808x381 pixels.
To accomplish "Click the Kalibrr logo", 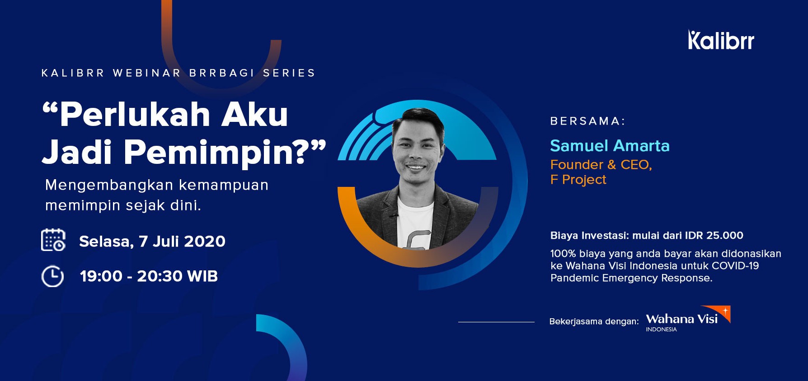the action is [x=721, y=40].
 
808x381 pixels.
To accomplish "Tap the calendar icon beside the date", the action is [x=53, y=240].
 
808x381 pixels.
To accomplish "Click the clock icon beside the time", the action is [x=52, y=276].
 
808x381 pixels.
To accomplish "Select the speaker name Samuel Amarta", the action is [x=610, y=146].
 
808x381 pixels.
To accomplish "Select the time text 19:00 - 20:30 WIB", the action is [x=149, y=276].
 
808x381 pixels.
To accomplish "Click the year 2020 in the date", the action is [x=205, y=242].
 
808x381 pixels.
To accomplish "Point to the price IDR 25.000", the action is [x=714, y=235].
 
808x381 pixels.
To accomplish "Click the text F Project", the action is [x=578, y=180].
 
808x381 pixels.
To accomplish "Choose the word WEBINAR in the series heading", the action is [x=147, y=73].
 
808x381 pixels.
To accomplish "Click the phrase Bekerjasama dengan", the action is [x=594, y=321].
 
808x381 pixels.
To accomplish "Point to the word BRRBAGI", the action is [x=222, y=73].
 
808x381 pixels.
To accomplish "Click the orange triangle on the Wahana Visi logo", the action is [x=722, y=312].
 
